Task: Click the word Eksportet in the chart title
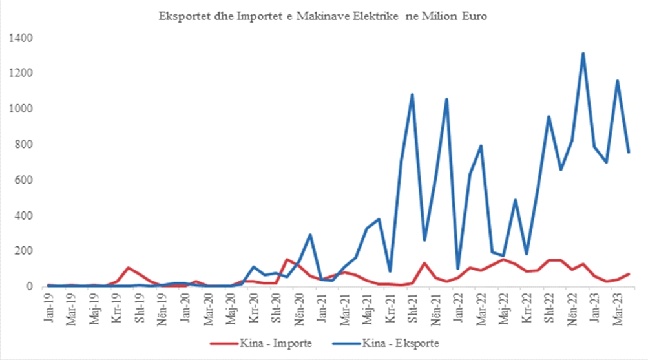(183, 16)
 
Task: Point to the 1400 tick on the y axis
(20, 38)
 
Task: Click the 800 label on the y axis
(23, 145)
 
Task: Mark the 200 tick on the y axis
(23, 251)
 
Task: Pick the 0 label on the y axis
(28, 286)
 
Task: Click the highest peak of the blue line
(583, 54)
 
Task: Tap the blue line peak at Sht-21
(412, 95)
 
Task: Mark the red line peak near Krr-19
(129, 268)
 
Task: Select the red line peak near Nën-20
(287, 259)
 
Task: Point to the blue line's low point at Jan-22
(458, 268)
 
